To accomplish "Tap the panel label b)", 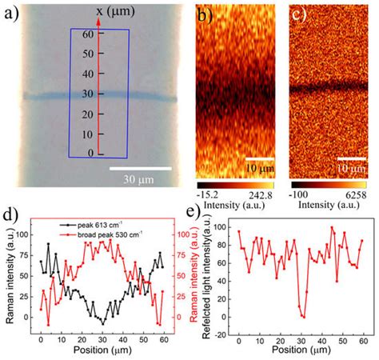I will [204, 14].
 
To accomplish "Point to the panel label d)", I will [10, 214].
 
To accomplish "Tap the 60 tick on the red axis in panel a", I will [90, 34].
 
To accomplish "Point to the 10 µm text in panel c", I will [350, 170].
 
